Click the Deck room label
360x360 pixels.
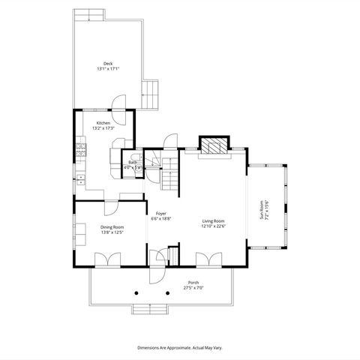(108, 64)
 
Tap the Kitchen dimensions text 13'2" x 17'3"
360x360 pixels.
(103, 128)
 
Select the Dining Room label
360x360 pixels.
(112, 226)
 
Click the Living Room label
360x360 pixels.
(214, 220)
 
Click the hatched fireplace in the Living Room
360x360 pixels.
(214, 145)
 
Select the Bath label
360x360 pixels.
(132, 162)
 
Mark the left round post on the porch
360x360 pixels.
(136, 292)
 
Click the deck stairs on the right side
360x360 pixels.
(152, 94)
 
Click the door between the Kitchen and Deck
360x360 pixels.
(118, 106)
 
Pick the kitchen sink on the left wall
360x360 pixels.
(79, 179)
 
